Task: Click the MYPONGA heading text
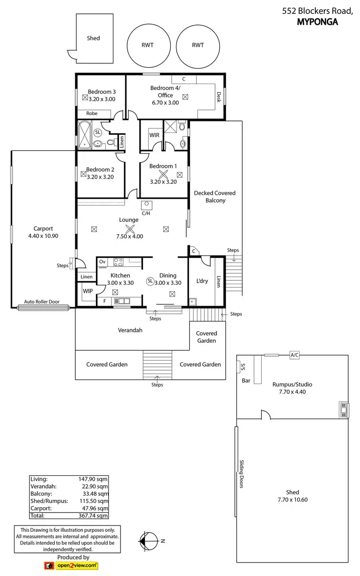pyautogui.click(x=318, y=21)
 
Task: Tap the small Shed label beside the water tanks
pyautogui.click(x=94, y=38)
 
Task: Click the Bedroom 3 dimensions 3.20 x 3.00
pyautogui.click(x=101, y=99)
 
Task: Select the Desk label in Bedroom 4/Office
pyautogui.click(x=219, y=98)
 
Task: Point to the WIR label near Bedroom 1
pyautogui.click(x=154, y=135)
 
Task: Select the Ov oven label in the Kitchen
pyautogui.click(x=102, y=262)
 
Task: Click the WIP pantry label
pyautogui.click(x=87, y=291)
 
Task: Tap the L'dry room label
pyautogui.click(x=202, y=281)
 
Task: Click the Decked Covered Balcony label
pyautogui.click(x=215, y=197)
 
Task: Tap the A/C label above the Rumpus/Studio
pyautogui.click(x=295, y=355)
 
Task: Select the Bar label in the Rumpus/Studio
pyautogui.click(x=246, y=381)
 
